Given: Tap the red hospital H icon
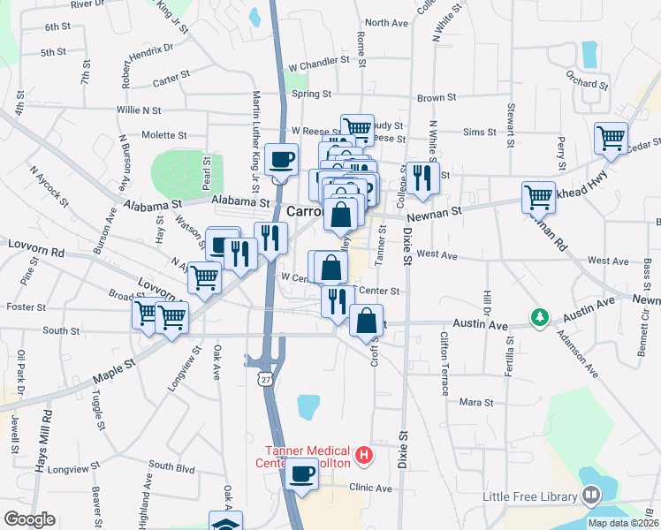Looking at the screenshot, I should click(x=361, y=456).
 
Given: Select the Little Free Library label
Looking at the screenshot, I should click(x=528, y=496).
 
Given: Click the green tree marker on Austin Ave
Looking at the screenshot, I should click(x=538, y=315).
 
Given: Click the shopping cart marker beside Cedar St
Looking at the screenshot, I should click(x=611, y=138).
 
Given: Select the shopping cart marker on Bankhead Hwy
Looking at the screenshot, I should click(x=538, y=197).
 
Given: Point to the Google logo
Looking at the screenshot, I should click(x=29, y=519).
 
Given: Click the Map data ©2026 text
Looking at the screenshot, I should click(x=623, y=523).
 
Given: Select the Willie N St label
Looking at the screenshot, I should click(x=139, y=110).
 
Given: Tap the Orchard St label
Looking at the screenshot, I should click(x=588, y=85).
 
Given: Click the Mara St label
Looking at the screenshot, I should click(x=475, y=402).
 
